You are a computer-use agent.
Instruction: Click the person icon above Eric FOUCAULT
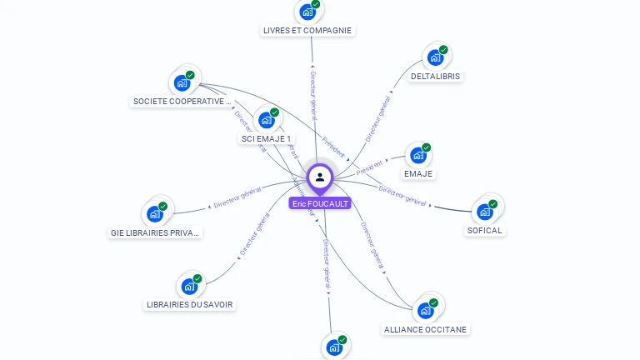click(320, 177)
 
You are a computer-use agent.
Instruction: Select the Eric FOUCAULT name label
click(320, 203)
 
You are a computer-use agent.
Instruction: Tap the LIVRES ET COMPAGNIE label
click(307, 30)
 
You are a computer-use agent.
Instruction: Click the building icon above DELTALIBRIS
click(434, 57)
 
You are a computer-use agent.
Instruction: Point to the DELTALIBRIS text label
click(435, 76)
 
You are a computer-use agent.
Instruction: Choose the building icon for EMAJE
click(417, 156)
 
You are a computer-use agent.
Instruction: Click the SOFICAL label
click(485, 230)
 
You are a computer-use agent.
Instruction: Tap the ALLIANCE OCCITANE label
click(425, 329)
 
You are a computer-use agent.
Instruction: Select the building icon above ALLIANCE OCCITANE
click(426, 310)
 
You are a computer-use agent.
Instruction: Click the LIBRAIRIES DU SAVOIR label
click(190, 304)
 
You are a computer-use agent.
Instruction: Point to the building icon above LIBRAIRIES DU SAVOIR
click(189, 287)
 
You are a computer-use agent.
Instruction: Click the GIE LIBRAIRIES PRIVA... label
click(156, 232)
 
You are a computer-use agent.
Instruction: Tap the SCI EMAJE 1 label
click(266, 138)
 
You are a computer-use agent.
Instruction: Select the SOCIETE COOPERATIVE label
click(182, 102)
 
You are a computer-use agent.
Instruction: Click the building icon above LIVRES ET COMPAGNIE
click(307, 12)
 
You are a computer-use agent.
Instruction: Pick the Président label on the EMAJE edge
click(369, 167)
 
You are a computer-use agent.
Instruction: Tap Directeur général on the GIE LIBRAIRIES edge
click(237, 197)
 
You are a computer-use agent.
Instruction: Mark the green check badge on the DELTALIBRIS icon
click(443, 50)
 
